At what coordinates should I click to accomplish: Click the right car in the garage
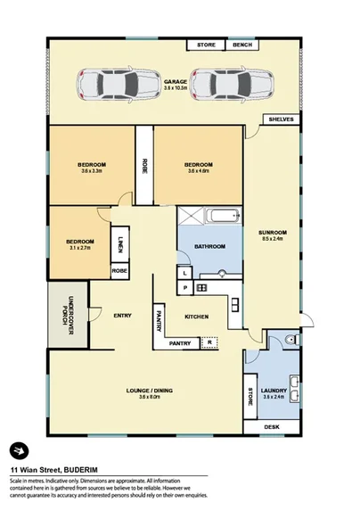[217, 83]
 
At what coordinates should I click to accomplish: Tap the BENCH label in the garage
[241, 45]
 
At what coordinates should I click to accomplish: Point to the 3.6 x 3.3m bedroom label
[93, 168]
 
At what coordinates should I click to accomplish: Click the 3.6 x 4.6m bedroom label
[198, 168]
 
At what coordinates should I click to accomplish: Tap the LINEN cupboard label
[120, 243]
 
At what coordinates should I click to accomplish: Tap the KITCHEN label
[196, 317]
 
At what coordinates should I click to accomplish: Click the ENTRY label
[123, 314]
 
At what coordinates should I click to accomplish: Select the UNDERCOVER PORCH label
[68, 317]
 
